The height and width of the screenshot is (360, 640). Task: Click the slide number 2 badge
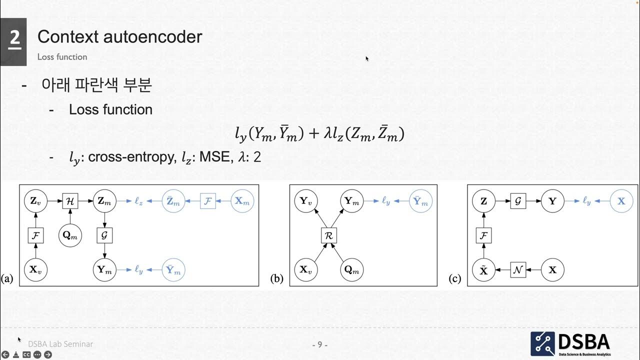pyautogui.click(x=14, y=39)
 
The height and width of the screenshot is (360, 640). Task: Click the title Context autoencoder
pyautogui.click(x=119, y=36)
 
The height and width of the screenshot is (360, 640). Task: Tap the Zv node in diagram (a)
pyautogui.click(x=35, y=201)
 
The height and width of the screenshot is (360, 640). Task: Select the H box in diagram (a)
pyautogui.click(x=69, y=201)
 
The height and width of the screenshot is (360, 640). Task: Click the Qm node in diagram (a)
pyautogui.click(x=69, y=235)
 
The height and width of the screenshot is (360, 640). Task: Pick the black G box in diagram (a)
pyautogui.click(x=103, y=235)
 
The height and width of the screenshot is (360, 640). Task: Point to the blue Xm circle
pyautogui.click(x=242, y=201)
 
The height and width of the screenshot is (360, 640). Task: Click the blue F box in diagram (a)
pyautogui.click(x=208, y=201)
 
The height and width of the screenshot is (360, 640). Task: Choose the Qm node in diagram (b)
pyautogui.click(x=350, y=270)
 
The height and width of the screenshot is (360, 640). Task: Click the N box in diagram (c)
pyautogui.click(x=517, y=270)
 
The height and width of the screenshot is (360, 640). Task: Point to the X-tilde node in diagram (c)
pyautogui.click(x=483, y=270)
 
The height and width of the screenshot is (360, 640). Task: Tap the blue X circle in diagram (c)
pyautogui.click(x=621, y=201)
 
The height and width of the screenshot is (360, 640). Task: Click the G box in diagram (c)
pyautogui.click(x=517, y=201)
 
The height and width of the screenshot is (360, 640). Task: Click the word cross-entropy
pyautogui.click(x=130, y=157)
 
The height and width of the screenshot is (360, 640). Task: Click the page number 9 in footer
pyautogui.click(x=320, y=345)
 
